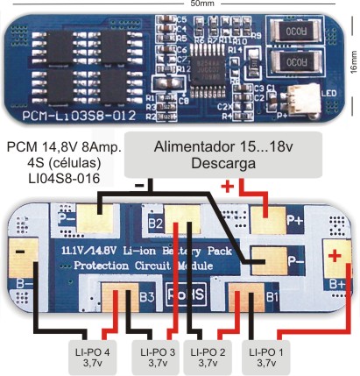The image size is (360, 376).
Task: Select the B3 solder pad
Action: [119, 298]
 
